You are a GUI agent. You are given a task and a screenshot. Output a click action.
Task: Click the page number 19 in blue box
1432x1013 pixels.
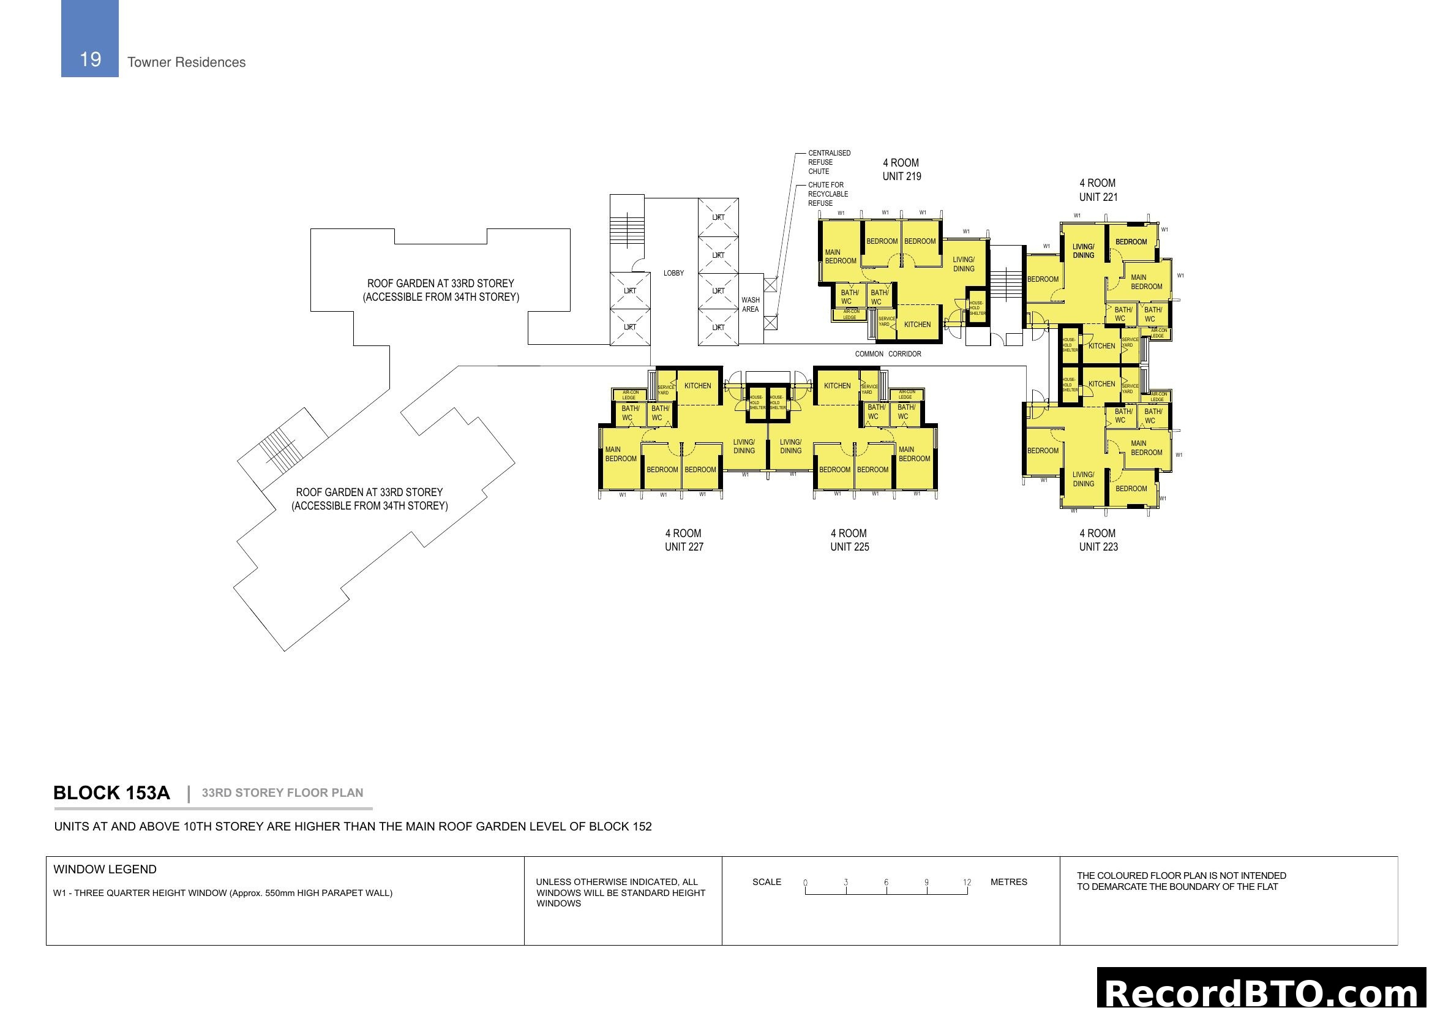pos(91,59)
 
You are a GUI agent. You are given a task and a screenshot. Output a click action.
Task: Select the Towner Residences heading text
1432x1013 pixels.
pos(186,62)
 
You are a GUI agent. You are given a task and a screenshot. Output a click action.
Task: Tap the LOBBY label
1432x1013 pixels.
pos(673,273)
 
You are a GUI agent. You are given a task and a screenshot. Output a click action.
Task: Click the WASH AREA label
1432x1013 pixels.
pos(751,304)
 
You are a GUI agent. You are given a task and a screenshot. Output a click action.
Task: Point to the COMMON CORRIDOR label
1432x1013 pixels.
pos(888,353)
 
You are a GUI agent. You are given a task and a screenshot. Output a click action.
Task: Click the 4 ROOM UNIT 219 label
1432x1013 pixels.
pos(901,170)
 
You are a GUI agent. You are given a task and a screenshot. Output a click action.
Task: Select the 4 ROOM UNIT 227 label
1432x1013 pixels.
pos(684,540)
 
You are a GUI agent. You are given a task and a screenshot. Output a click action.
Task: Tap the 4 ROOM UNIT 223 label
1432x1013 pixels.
pos(1098,540)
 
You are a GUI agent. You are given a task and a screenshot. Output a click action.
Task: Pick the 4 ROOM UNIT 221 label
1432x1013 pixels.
pos(1098,190)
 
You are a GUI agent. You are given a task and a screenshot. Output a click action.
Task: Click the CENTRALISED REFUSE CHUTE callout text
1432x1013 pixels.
pos(829,162)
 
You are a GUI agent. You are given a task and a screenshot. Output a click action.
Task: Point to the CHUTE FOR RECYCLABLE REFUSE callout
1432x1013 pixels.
pos(828,194)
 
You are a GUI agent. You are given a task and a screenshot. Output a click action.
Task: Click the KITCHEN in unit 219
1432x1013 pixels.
pos(917,325)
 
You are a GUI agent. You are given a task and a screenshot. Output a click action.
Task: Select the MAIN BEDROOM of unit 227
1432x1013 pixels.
pos(621,454)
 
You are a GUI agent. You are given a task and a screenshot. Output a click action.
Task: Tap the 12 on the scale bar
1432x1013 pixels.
pos(967,882)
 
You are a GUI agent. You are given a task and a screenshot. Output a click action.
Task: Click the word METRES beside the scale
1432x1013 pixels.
pos(1008,882)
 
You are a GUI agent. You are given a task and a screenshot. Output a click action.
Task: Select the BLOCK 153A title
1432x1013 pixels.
pos(111,793)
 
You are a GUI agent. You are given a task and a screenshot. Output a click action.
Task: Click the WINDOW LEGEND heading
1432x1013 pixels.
pos(105,870)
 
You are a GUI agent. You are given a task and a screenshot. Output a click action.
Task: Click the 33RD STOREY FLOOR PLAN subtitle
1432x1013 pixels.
pos(282,793)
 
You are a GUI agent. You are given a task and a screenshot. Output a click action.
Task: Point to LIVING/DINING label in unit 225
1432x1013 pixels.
pos(790,446)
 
